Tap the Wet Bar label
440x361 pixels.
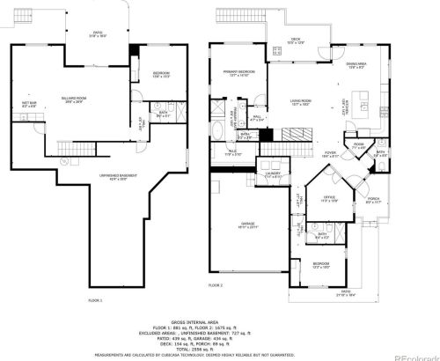(x=30, y=104)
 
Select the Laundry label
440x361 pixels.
(x=274, y=174)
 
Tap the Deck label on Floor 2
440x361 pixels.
(x=297, y=40)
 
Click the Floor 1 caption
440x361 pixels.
(x=95, y=300)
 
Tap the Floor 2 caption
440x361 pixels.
(x=216, y=286)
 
